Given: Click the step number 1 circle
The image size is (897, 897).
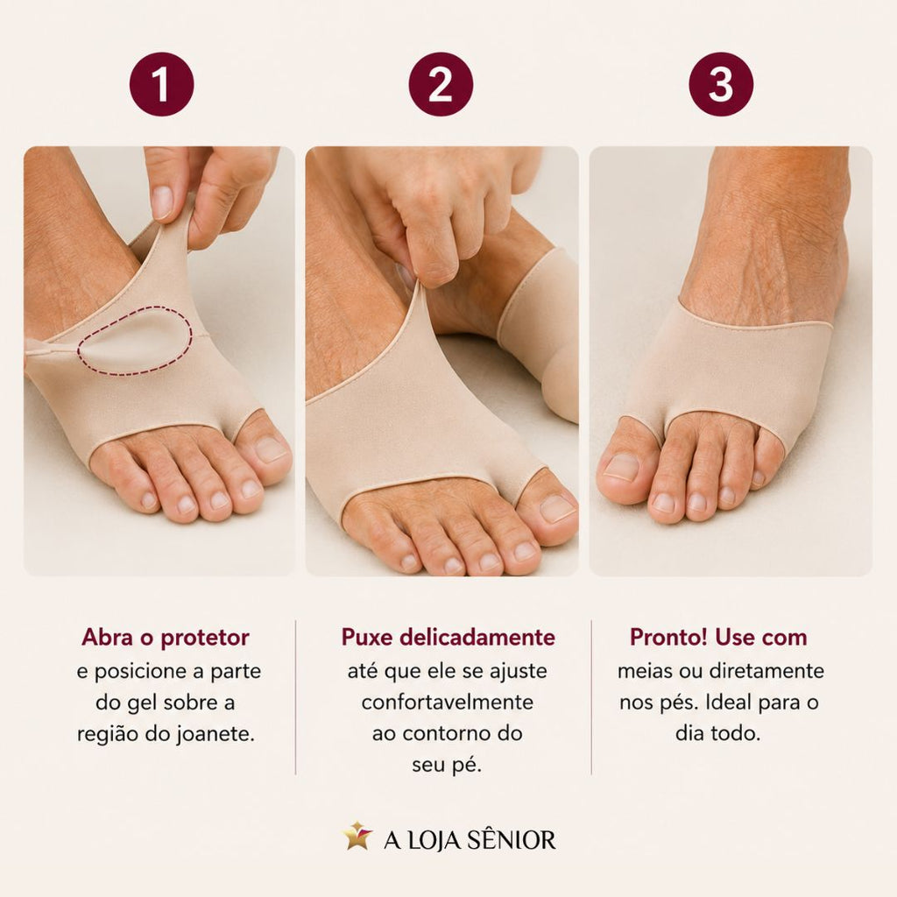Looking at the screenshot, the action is click(x=161, y=84).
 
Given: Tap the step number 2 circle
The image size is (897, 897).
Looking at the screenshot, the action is click(x=441, y=84).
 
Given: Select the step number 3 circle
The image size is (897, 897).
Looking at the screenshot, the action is click(x=721, y=84).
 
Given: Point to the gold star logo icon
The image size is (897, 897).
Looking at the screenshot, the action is click(x=357, y=837).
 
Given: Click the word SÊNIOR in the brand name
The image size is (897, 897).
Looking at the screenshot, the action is click(x=511, y=840).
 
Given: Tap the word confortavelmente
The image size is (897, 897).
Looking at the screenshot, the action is click(x=448, y=702).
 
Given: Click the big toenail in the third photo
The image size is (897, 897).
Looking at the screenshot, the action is click(x=621, y=466).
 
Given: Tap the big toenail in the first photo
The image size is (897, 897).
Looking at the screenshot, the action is click(x=271, y=449).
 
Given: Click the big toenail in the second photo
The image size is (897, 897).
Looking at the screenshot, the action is click(x=556, y=508).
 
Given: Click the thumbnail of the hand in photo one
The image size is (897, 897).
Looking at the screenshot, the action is click(x=162, y=202).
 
